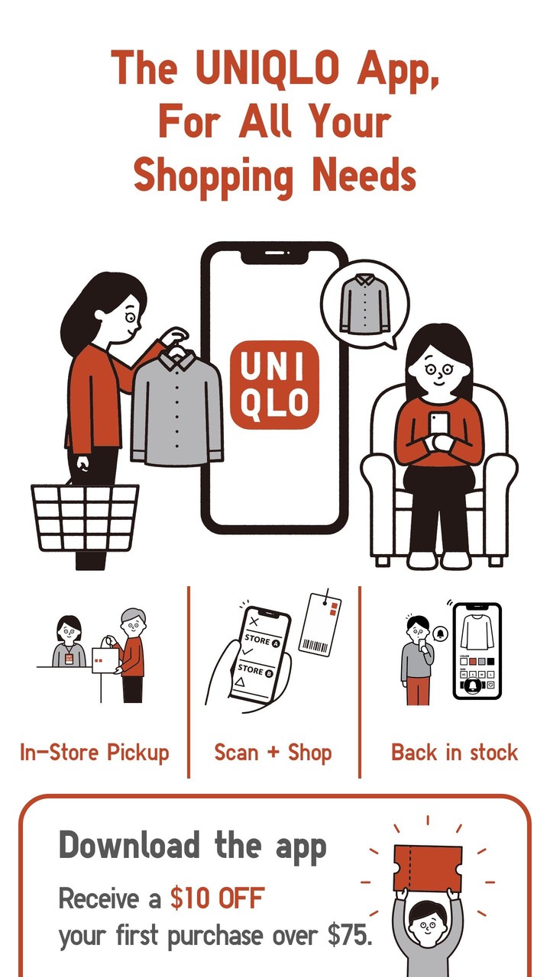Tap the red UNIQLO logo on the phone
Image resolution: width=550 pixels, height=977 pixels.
(274, 385)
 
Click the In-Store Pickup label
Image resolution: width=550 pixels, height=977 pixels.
(94, 753)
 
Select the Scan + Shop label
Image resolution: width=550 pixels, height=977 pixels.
(273, 753)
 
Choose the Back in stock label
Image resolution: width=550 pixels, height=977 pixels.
(455, 753)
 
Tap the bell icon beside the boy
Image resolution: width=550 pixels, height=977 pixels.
(441, 633)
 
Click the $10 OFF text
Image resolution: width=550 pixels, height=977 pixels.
(217, 898)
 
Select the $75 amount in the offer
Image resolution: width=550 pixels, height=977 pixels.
(350, 936)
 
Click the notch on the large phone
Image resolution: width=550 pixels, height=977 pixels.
(274, 254)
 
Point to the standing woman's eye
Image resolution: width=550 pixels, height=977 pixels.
(130, 317)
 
